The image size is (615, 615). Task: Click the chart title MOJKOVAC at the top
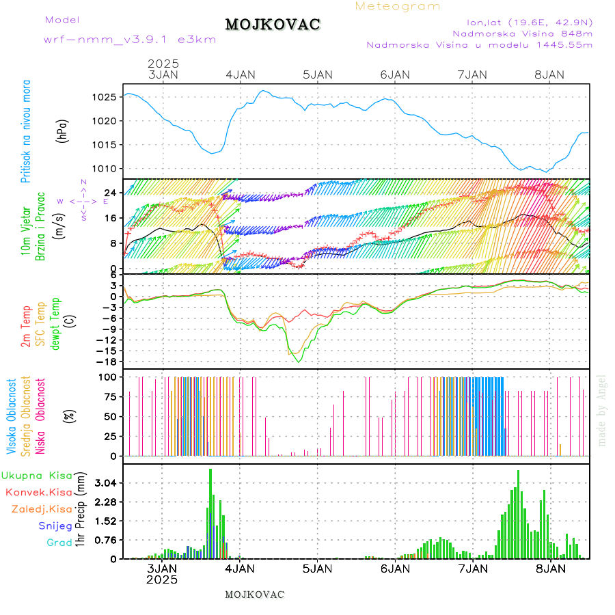point(273,25)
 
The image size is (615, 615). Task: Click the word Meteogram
point(398,6)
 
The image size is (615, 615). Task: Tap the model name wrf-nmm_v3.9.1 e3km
point(130,39)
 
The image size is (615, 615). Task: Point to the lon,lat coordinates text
point(529,21)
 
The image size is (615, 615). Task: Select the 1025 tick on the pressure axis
point(102,97)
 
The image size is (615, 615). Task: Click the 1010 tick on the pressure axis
point(102,169)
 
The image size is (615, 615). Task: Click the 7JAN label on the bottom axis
point(472,569)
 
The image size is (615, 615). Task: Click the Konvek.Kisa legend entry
point(38,492)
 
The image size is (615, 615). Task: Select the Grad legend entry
point(59,543)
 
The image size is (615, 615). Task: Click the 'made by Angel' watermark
point(602,410)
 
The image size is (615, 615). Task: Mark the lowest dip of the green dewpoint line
point(299,361)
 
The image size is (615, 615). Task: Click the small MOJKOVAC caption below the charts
point(254,594)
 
